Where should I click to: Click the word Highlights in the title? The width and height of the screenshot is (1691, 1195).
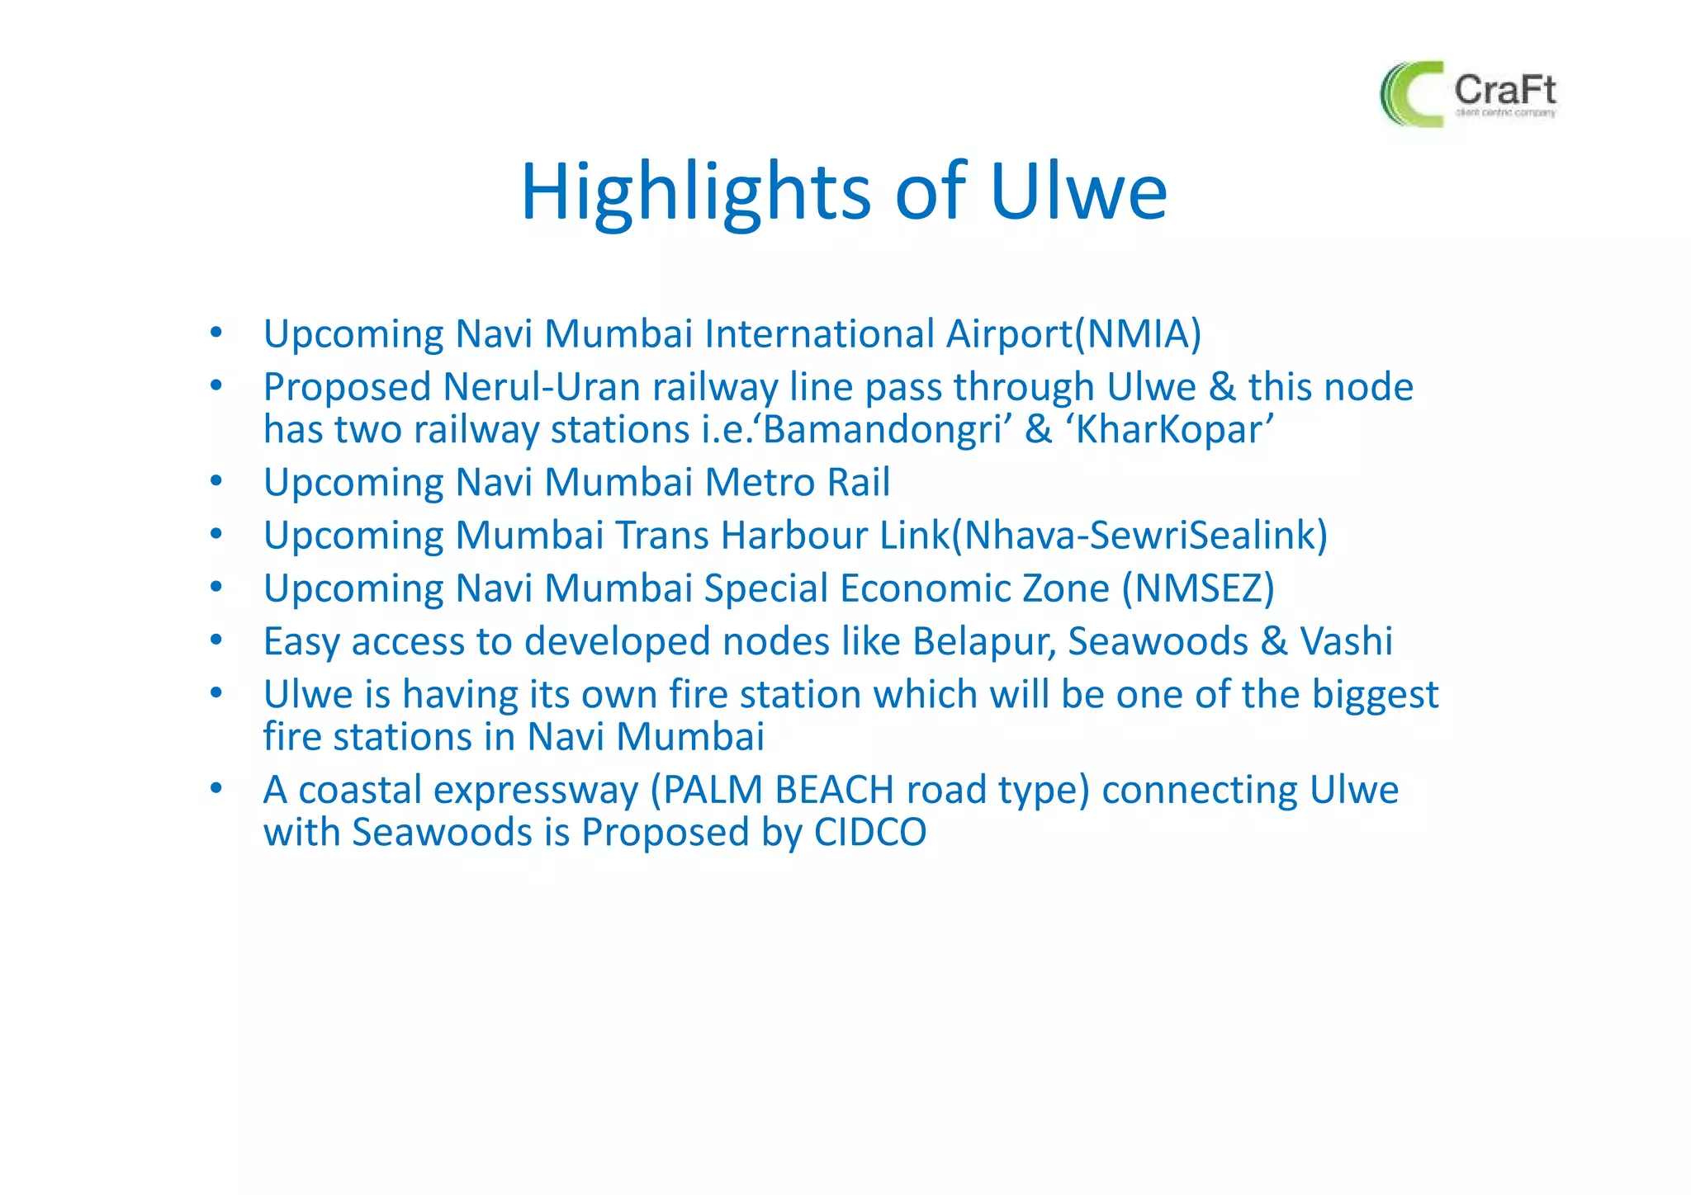tap(695, 192)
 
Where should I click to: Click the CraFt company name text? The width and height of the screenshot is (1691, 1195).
tap(1504, 89)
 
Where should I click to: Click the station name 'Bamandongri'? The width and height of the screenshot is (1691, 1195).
tap(882, 430)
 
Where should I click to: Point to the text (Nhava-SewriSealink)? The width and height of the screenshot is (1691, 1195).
tap(1139, 536)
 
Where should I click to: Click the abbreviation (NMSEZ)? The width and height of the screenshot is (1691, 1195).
tap(1198, 588)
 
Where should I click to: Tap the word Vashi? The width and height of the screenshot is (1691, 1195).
tap(1346, 641)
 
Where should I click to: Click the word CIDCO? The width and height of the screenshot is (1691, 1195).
tap(869, 832)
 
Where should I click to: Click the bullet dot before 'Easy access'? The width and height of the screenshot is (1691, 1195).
tap(216, 640)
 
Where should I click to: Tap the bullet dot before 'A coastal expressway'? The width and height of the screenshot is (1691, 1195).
tap(216, 788)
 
